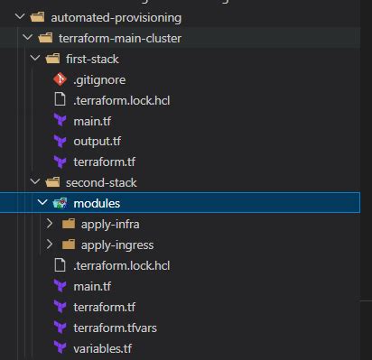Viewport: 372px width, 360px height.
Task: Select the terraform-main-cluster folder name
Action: (119, 38)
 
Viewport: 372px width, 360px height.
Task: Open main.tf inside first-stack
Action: (93, 120)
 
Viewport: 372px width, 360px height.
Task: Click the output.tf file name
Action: (98, 141)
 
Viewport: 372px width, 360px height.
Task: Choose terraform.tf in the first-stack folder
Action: (106, 162)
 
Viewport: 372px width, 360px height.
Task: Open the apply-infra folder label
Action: (110, 224)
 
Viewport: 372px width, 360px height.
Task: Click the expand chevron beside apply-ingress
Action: (51, 245)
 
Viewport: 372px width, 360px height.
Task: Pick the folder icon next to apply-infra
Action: (69, 224)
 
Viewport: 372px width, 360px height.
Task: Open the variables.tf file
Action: (105, 347)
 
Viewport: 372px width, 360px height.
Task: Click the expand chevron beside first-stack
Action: (33, 59)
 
